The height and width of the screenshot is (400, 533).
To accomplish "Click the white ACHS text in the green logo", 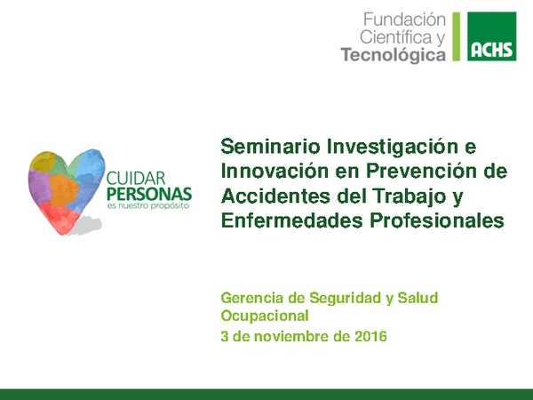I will (x=491, y=49).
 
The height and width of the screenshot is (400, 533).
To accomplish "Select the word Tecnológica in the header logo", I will (x=394, y=55).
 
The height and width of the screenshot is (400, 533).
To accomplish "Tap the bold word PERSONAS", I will (x=148, y=194).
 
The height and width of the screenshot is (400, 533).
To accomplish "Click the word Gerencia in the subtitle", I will (x=251, y=298).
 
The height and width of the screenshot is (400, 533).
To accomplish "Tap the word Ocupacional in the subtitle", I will (x=264, y=316).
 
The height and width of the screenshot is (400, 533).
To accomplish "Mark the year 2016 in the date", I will (x=370, y=337).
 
